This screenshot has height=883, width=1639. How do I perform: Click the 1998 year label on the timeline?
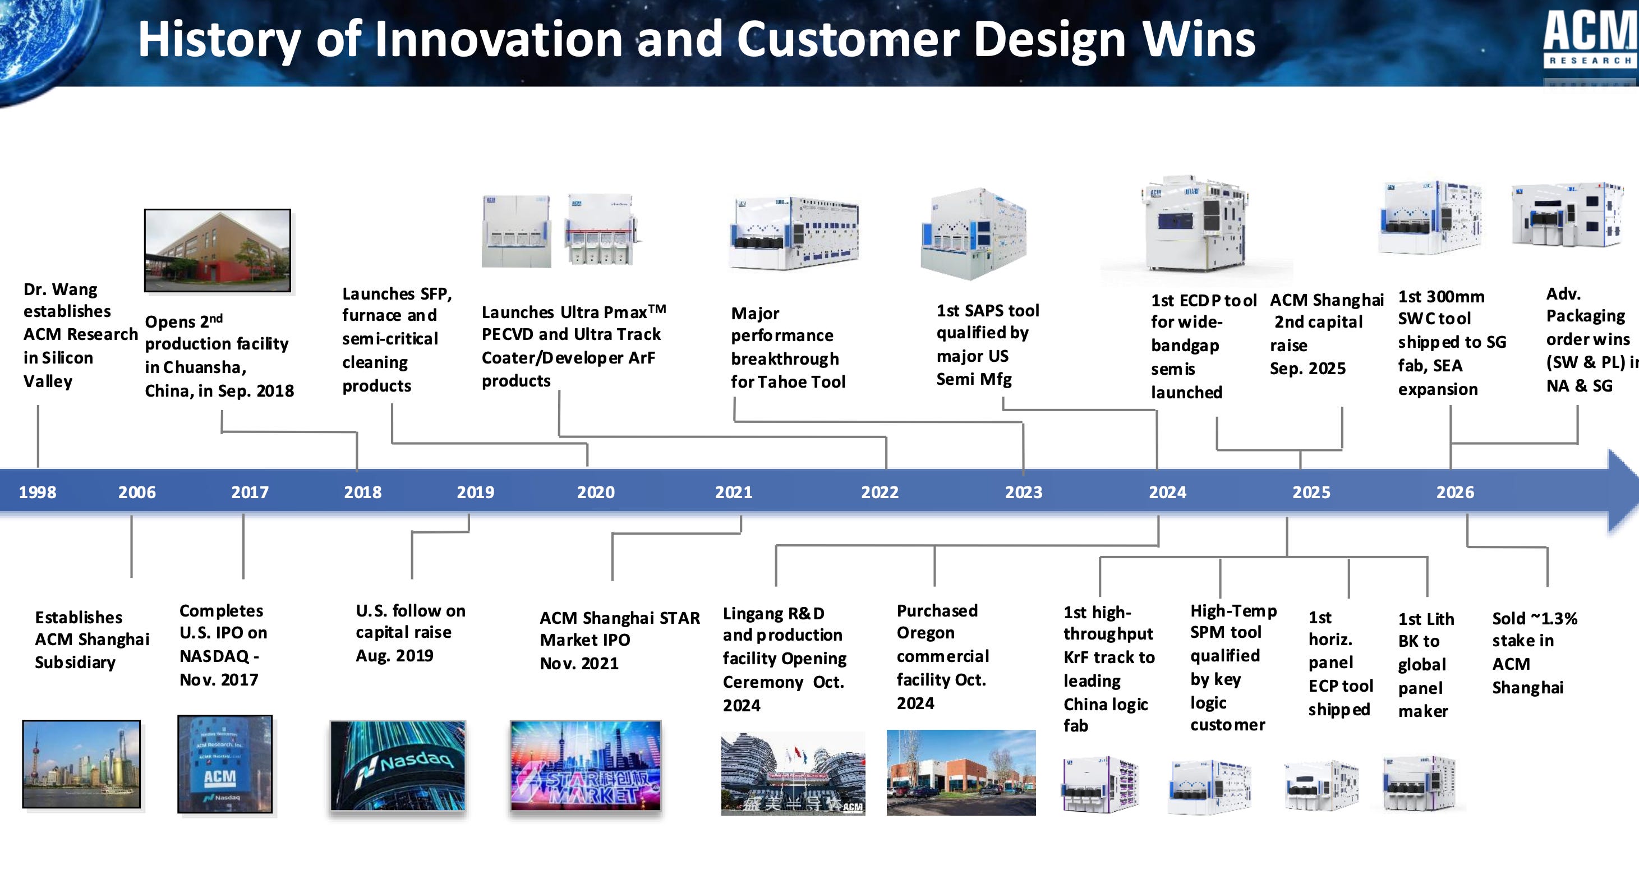click(38, 492)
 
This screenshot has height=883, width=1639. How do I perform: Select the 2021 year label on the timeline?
click(734, 492)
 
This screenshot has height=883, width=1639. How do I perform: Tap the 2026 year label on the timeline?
click(1455, 492)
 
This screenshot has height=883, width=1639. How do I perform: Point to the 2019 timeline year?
click(475, 492)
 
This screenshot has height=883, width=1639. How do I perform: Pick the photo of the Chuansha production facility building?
click(218, 251)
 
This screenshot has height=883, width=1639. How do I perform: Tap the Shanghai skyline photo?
click(81, 764)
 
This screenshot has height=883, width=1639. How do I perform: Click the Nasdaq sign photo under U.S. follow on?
click(398, 765)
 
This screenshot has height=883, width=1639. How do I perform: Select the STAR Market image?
click(586, 765)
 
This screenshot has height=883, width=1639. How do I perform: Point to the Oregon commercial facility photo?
click(961, 772)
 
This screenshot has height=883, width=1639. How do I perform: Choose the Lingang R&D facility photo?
click(793, 774)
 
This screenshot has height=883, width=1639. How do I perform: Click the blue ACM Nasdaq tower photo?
click(225, 764)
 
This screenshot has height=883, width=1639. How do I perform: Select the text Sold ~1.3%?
click(1535, 618)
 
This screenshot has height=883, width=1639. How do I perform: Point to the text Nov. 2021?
click(579, 664)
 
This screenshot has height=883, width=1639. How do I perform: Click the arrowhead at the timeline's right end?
click(1624, 490)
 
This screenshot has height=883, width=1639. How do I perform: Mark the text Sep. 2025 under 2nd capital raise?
click(1307, 369)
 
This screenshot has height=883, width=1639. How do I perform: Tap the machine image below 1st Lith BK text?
click(1419, 783)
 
